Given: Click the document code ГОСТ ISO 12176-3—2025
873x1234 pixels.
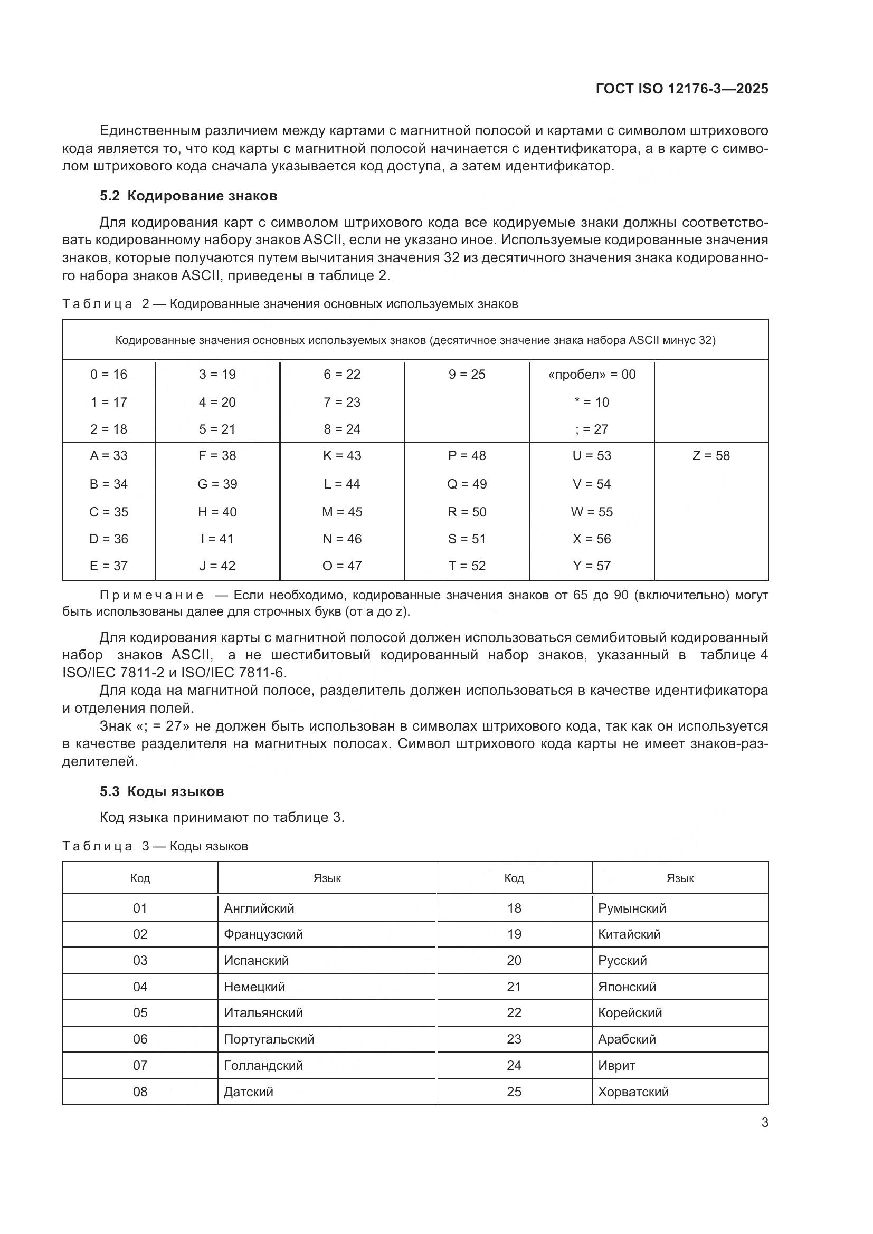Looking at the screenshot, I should click(681, 89).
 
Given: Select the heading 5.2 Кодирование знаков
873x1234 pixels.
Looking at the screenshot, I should click(188, 196).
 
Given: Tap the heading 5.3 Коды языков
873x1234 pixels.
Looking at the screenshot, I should click(162, 791).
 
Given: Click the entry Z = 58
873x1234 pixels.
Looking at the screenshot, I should click(710, 456).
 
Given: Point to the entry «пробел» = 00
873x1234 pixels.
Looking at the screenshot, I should click(591, 375).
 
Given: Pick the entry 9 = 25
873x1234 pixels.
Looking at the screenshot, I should click(467, 375).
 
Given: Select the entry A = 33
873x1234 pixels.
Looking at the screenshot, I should click(109, 456).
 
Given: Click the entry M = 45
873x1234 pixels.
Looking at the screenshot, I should click(342, 512).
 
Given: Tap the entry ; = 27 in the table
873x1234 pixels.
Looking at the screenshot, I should click(591, 429).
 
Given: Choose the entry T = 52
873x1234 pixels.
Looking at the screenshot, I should click(467, 566).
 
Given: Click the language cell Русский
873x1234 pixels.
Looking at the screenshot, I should click(622, 960).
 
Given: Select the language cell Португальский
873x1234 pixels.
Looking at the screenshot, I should click(269, 1039).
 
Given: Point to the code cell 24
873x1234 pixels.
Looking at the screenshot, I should click(514, 1065).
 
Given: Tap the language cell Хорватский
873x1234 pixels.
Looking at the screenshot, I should click(633, 1092).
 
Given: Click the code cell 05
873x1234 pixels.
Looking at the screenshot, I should click(140, 1012).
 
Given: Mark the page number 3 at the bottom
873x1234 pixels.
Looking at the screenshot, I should click(764, 1123).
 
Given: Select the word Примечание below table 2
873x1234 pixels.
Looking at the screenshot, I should click(151, 595).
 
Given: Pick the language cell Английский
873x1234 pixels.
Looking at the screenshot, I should click(259, 908).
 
